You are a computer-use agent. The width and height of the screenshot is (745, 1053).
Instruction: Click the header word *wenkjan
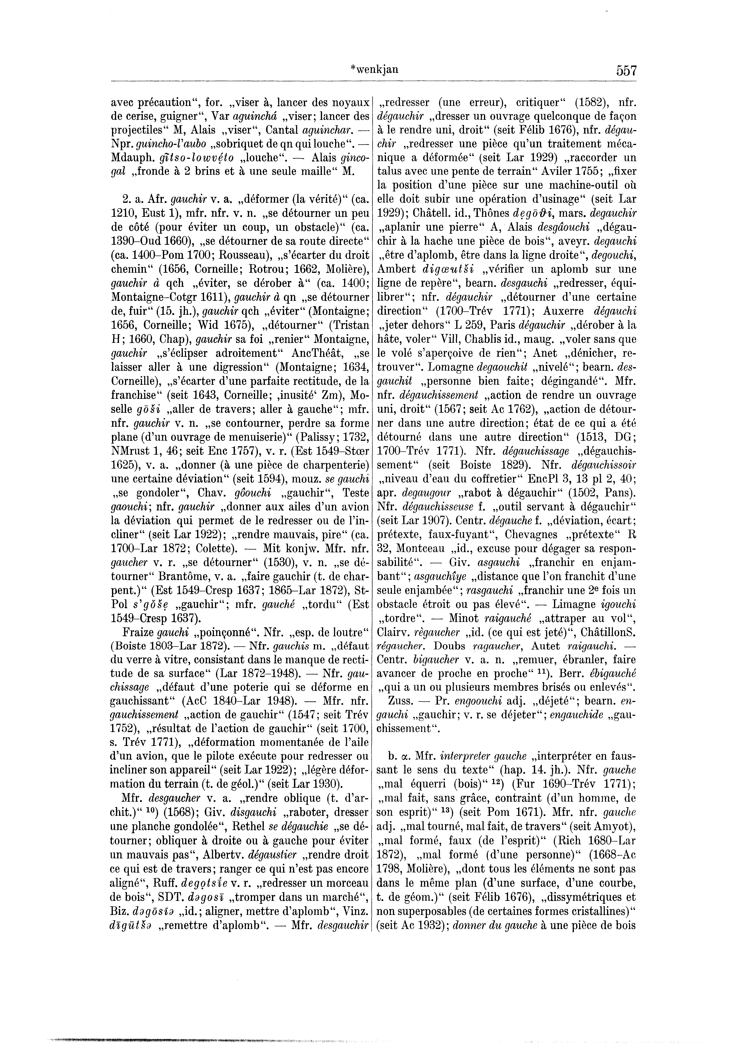coord(374,70)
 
